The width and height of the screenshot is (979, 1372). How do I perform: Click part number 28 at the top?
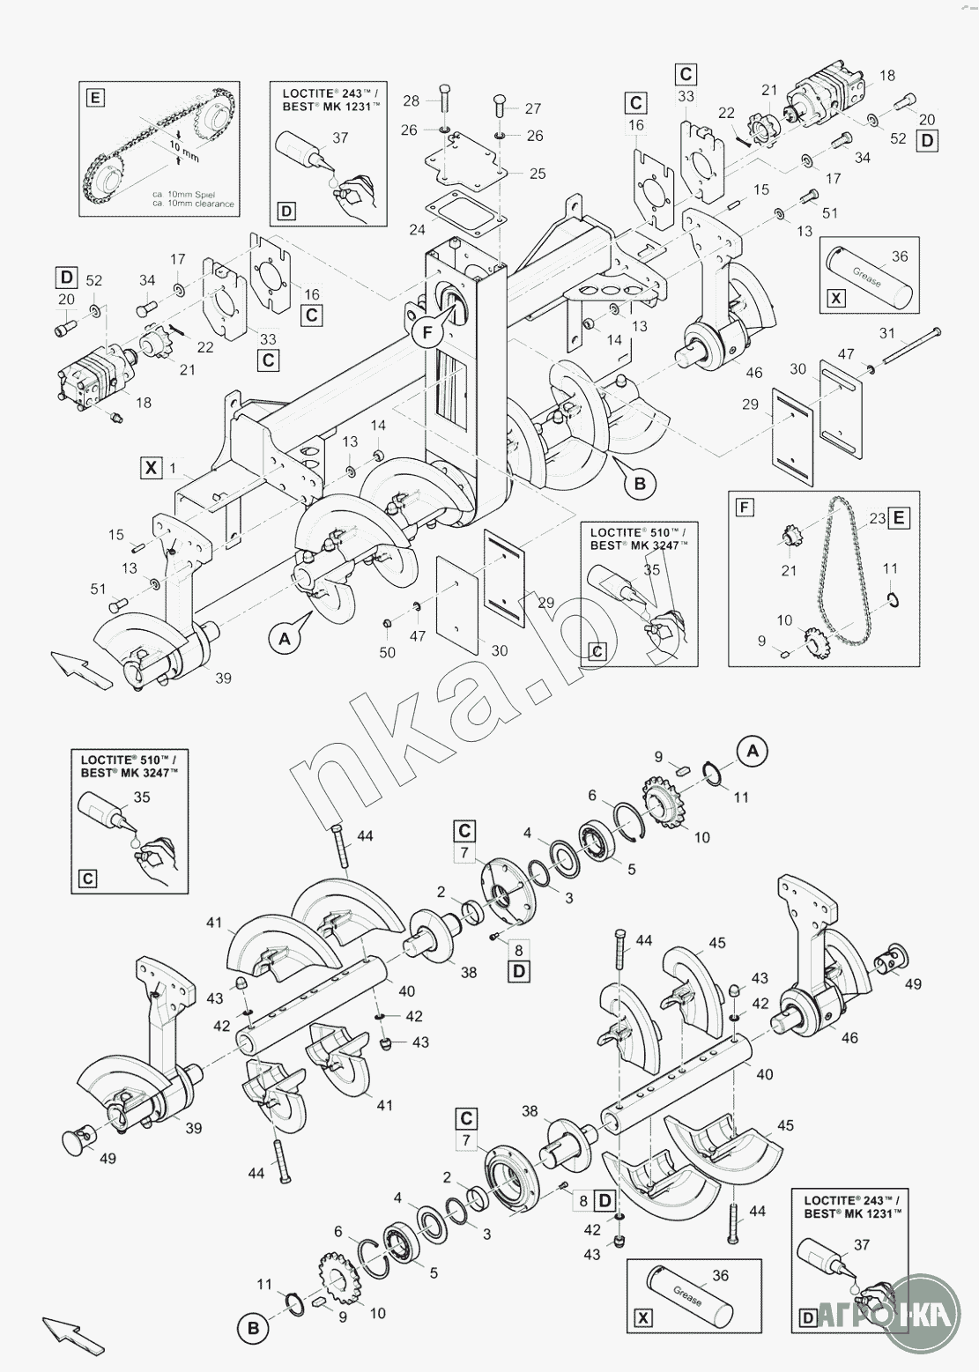(411, 100)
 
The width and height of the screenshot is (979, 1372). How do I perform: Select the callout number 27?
(533, 108)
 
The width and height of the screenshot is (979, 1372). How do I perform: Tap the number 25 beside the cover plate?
(537, 174)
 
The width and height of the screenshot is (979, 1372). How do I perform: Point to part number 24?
(418, 230)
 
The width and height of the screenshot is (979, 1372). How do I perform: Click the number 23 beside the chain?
(876, 518)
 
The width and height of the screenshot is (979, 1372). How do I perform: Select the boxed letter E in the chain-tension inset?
(95, 95)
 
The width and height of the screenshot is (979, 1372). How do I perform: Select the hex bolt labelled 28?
(445, 102)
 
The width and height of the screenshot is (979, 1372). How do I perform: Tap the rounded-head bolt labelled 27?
(500, 107)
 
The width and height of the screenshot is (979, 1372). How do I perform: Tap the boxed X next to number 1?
(151, 467)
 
